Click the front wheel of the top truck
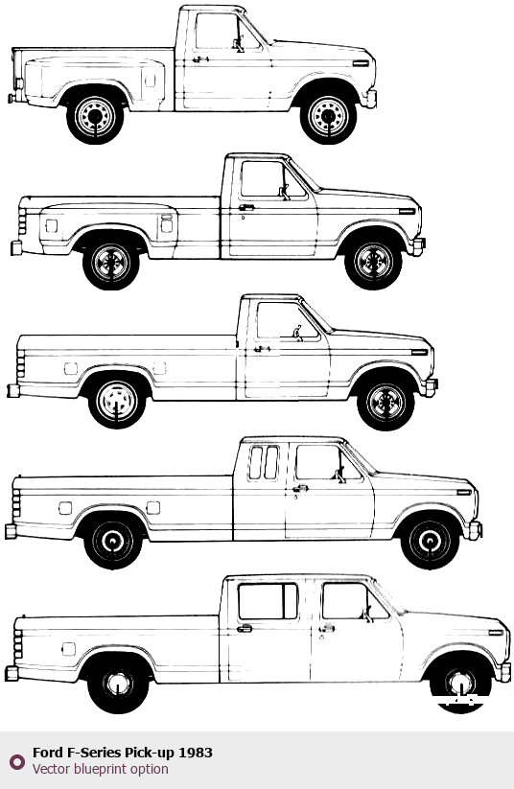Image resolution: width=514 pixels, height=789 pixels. click(328, 116)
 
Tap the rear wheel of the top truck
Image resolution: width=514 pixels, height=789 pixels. click(95, 116)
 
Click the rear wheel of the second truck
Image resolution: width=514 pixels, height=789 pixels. click(111, 262)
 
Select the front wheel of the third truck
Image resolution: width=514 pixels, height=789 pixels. click(385, 402)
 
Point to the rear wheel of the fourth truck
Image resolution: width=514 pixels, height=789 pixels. click(113, 541)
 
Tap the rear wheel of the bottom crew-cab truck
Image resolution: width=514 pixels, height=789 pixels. click(118, 684)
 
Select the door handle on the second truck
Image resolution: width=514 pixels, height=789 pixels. click(246, 207)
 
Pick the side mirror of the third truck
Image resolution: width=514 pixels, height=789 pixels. click(298, 333)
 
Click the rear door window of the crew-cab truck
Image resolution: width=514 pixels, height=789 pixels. click(268, 601)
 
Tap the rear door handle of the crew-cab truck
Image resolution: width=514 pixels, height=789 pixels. click(245, 628)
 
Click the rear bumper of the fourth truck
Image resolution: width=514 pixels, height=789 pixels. click(11, 531)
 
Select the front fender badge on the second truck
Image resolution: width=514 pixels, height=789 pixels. click(407, 211)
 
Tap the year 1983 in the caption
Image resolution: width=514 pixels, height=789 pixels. click(196, 753)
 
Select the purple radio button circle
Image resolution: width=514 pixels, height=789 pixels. click(16, 761)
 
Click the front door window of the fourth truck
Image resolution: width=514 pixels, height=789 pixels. click(328, 462)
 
